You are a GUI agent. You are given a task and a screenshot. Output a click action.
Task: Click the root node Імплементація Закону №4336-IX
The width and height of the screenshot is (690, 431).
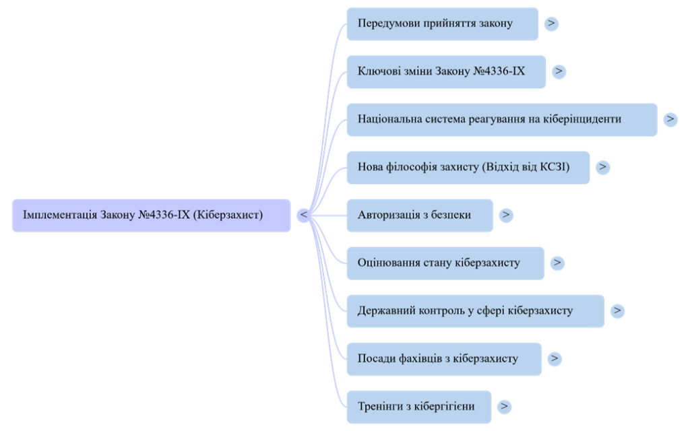point(151,215)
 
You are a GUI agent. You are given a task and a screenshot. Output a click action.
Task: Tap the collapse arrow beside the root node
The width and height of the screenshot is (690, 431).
point(304,215)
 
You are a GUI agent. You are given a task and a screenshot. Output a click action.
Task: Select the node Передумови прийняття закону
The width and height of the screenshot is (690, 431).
point(442,24)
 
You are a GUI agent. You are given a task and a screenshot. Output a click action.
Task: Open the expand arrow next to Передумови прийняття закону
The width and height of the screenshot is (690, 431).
point(552,24)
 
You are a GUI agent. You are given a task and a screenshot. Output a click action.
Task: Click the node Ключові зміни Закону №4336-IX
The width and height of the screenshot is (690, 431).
point(446,71)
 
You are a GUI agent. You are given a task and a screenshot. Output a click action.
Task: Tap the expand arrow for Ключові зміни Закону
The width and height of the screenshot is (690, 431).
point(559,71)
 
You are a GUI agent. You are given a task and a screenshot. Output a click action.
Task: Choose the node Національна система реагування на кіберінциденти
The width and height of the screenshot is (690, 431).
point(501,119)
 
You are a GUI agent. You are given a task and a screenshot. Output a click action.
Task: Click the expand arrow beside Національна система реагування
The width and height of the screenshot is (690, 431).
point(670,119)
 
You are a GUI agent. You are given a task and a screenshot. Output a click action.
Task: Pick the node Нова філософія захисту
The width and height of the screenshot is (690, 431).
point(468,167)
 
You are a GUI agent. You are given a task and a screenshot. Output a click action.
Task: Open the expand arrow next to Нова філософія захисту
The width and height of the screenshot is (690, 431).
point(603,167)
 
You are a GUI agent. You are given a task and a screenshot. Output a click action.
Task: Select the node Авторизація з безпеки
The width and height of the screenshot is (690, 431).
point(420,215)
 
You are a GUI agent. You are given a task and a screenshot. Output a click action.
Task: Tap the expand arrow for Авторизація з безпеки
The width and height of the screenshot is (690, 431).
point(506,215)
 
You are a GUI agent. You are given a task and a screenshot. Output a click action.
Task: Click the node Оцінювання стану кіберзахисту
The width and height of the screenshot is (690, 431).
point(445,263)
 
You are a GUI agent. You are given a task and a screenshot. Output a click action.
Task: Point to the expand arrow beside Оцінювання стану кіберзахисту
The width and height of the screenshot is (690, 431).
point(557,263)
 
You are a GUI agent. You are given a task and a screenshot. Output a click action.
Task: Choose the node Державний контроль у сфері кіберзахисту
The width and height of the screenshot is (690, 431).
point(475,310)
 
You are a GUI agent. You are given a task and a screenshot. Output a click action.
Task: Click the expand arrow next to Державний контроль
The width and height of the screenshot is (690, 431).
point(617,310)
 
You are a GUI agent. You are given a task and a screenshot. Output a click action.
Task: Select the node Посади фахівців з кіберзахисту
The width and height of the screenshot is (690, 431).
point(443,358)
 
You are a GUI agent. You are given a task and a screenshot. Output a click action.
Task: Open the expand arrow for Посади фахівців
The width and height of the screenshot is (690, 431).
point(555,358)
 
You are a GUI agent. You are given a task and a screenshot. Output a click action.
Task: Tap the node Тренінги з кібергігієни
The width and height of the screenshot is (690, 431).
point(419,407)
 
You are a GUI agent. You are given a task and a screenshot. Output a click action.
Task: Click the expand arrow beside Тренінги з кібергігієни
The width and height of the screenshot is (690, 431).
point(504,407)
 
